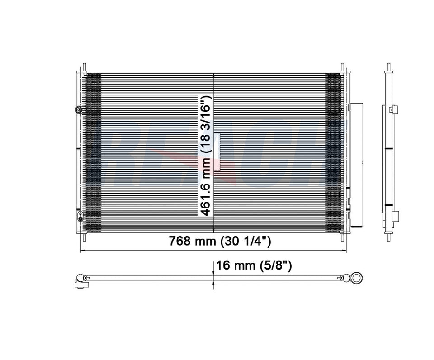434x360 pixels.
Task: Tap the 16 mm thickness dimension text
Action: point(231,265)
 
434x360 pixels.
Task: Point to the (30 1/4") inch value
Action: point(246,242)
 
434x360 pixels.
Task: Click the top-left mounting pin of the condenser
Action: point(83,67)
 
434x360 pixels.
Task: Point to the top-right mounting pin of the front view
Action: point(342,67)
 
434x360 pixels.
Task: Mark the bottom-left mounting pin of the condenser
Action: point(83,235)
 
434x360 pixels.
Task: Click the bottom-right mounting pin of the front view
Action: point(342,235)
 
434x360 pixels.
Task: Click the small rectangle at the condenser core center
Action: point(217,152)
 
